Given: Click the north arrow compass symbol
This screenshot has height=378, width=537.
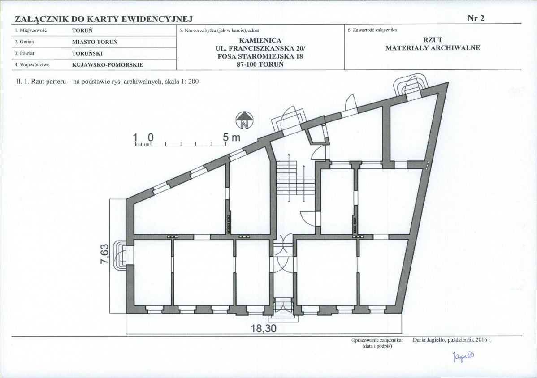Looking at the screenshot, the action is click(x=245, y=121).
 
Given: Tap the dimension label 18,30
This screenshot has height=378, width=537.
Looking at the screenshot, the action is click(x=264, y=329).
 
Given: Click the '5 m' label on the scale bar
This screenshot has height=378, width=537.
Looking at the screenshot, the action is click(x=231, y=137).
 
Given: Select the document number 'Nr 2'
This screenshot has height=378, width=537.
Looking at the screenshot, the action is click(x=476, y=18).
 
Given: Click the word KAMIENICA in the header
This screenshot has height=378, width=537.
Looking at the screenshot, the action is click(x=260, y=40).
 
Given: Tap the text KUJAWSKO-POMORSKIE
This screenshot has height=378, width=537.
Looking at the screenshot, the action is click(x=108, y=64).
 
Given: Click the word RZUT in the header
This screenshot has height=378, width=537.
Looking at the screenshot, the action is click(x=433, y=40).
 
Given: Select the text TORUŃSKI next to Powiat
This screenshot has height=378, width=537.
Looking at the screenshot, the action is click(x=87, y=53).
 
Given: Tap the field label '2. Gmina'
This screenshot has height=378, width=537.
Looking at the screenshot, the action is click(x=24, y=42).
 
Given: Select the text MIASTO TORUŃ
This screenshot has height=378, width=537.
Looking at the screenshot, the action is click(x=95, y=42).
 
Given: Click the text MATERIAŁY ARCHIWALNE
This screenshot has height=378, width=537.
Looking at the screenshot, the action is click(x=433, y=48).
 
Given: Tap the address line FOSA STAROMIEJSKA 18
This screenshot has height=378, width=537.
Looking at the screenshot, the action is click(x=260, y=56).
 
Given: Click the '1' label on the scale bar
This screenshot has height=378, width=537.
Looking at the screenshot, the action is click(x=135, y=137).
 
